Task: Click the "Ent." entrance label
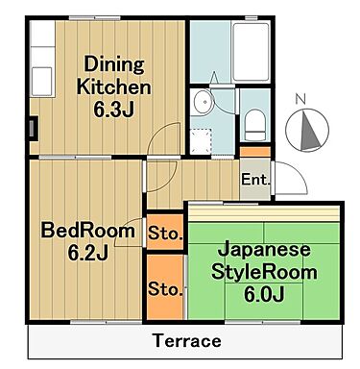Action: (x=254, y=181)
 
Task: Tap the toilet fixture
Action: (x=256, y=122)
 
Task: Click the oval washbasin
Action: (x=203, y=104)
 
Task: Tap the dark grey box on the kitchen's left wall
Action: (x=34, y=126)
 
